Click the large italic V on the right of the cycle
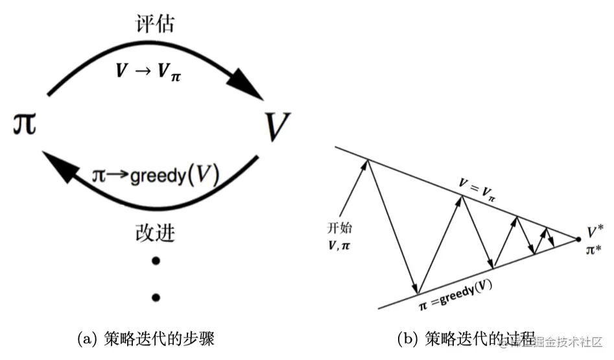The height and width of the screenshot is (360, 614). tap(277, 127)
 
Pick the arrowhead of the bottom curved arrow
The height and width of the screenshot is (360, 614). tap(58, 165)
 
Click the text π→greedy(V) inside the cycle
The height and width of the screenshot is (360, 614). tap(155, 174)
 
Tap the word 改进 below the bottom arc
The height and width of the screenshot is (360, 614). tap(156, 233)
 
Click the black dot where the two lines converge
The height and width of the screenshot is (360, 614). tap(578, 240)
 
